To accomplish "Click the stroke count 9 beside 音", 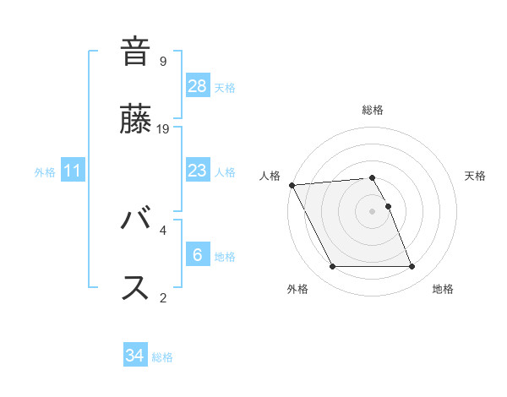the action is tap(163, 62).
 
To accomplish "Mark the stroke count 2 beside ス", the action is tap(163, 296).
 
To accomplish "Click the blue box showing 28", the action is tap(198, 86).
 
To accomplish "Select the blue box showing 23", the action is tap(198, 171).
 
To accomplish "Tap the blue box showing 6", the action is tap(198, 255).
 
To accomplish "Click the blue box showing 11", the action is tap(73, 171).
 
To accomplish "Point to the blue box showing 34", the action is tap(135, 356).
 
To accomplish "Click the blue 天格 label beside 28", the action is tap(225, 87).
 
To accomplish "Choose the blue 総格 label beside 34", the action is tap(162, 356).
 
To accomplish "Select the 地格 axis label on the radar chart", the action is tap(443, 289).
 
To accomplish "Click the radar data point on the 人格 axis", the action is tap(292, 185).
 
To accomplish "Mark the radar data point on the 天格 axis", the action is tap(388, 205).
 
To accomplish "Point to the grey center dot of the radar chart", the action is tap(372, 210).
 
